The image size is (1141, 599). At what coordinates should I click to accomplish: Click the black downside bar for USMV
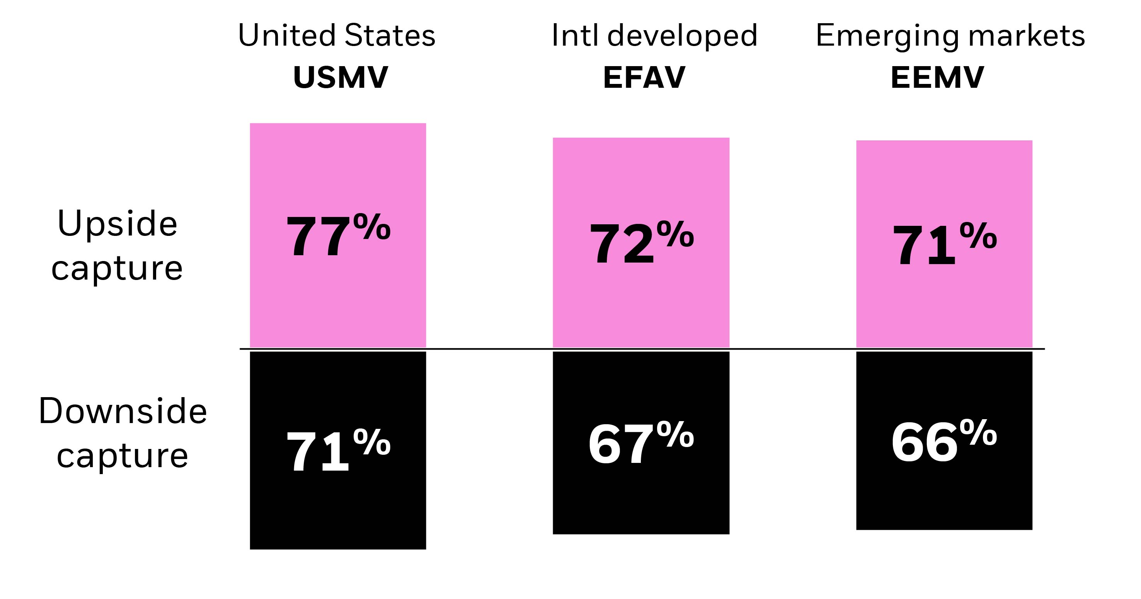[337, 510]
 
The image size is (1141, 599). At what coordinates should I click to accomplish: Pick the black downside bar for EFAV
[640, 501]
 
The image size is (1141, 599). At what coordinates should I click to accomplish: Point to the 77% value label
[337, 235]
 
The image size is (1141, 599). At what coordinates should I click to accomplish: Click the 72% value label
[640, 243]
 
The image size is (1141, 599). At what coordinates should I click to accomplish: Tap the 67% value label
[640, 443]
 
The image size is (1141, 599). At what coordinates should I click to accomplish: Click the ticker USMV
[340, 77]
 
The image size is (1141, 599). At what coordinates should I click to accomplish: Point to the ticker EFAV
[644, 77]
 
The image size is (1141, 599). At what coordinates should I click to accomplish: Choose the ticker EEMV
[937, 77]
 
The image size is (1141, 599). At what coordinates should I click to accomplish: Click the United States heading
[337, 36]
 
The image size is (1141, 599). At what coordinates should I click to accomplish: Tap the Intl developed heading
[654, 36]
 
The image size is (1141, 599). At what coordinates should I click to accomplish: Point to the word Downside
[123, 411]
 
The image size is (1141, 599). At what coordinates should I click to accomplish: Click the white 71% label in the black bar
[337, 451]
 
